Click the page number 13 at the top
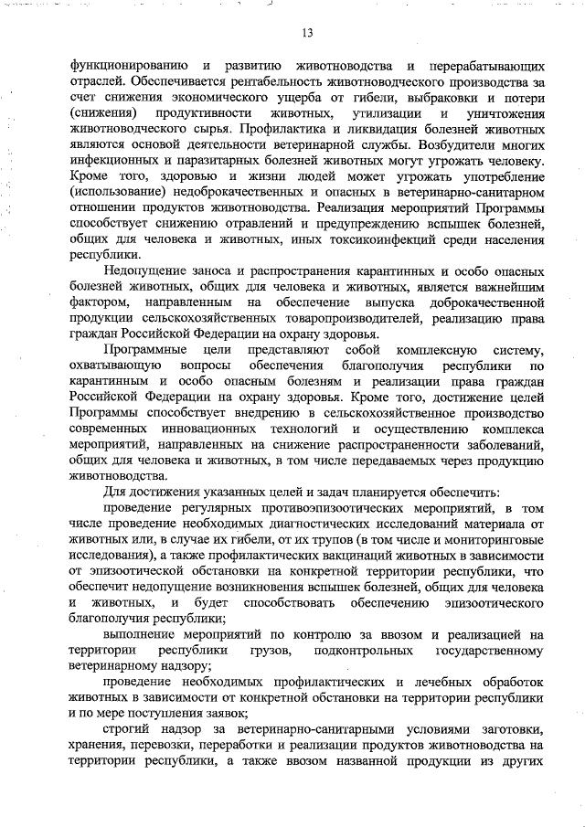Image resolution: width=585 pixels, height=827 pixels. [307, 34]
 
